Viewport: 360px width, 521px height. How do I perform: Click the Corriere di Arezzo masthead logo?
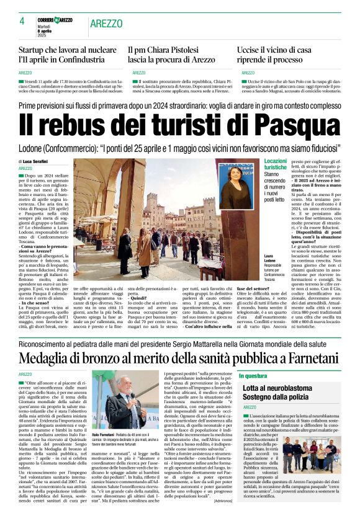[x=55, y=20]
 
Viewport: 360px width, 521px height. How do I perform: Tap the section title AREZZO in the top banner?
[x=106, y=23]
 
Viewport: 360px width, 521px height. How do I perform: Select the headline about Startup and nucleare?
[x=68, y=55]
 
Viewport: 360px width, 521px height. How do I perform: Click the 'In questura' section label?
[x=253, y=376]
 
